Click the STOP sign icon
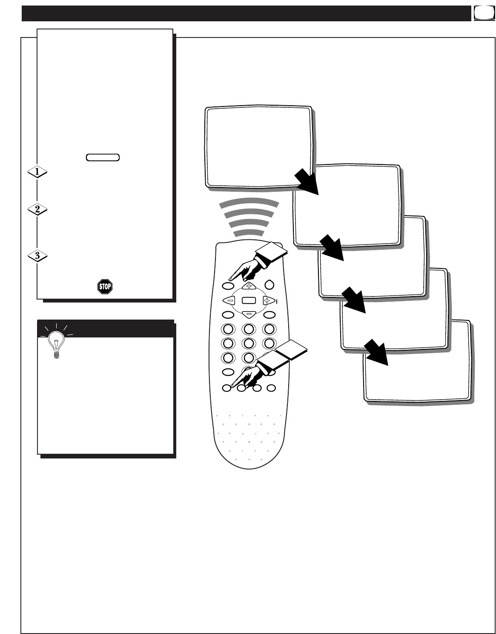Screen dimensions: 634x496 tap(105, 286)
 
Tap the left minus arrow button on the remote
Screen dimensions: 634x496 tap(229, 300)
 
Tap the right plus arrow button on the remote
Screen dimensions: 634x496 tap(267, 300)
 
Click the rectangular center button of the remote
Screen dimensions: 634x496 tap(248, 300)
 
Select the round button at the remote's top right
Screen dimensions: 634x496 tap(269, 285)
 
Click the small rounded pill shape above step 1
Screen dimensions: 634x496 tap(102, 157)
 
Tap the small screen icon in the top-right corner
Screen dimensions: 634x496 tap(481, 13)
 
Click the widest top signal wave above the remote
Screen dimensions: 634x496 tap(249, 204)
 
